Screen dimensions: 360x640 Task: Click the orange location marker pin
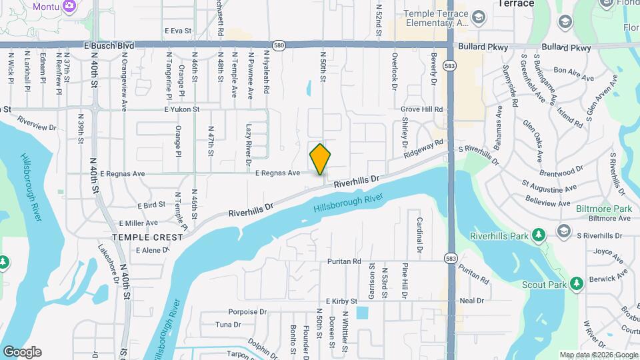(x=320, y=159)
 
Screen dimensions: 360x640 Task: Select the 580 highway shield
(x=279, y=45)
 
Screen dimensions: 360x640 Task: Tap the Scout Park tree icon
(x=577, y=284)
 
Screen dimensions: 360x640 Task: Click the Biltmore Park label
(x=603, y=209)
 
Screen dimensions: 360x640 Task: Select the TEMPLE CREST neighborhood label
(x=147, y=237)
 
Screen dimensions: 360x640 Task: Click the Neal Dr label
(x=471, y=301)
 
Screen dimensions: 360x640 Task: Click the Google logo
(x=22, y=351)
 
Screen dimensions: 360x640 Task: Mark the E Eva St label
(x=177, y=31)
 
